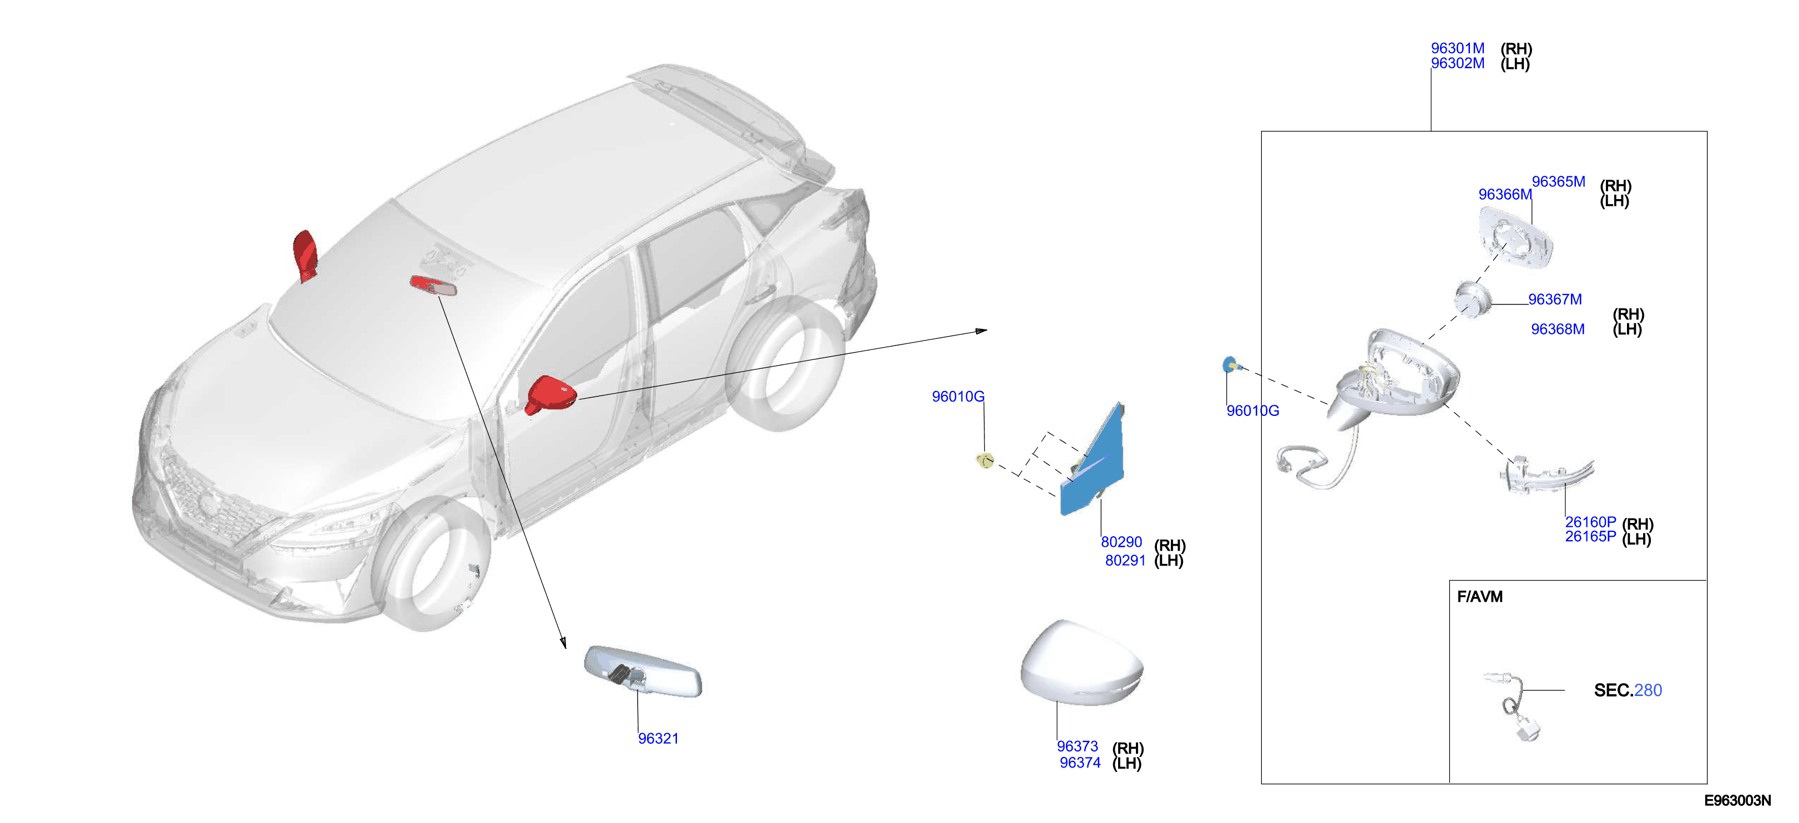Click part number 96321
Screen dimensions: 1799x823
658,738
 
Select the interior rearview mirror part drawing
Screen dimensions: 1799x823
643,672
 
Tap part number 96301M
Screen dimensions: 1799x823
1458,48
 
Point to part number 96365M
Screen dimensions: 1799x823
1558,181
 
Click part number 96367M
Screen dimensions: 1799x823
1555,299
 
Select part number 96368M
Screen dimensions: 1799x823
1558,329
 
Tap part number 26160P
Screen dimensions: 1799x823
1590,521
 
